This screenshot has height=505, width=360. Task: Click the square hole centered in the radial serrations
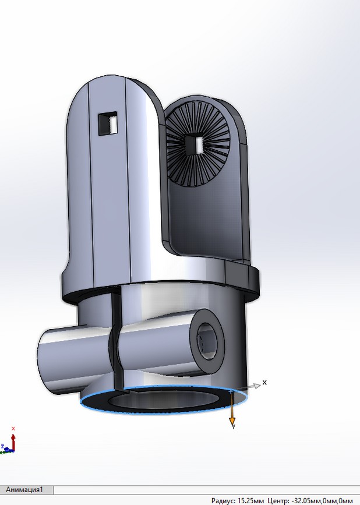click(195, 143)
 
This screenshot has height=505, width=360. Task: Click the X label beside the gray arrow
click(264, 383)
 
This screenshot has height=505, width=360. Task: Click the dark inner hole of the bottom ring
click(157, 401)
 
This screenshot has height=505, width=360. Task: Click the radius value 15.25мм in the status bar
click(251, 500)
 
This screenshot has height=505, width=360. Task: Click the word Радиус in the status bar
click(223, 500)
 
